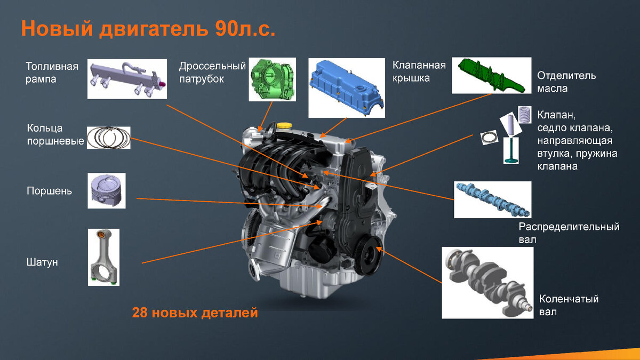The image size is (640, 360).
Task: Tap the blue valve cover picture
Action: pos(346,87)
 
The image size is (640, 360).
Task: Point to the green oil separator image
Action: pos(491,76)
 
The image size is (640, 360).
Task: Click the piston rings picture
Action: pos(108,138)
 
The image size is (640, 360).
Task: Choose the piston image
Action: pos(107,190)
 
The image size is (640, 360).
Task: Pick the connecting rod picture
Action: pos(103,257)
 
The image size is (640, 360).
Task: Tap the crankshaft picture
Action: pos(487,282)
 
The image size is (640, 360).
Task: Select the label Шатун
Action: pos(42,262)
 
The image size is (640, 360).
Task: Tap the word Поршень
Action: pos(49,190)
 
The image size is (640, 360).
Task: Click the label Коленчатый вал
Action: pos(569,305)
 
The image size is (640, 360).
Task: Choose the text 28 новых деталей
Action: pos(195,313)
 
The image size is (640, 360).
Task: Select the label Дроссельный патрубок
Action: pos(212,73)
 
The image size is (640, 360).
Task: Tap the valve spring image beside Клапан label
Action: pos(525,114)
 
